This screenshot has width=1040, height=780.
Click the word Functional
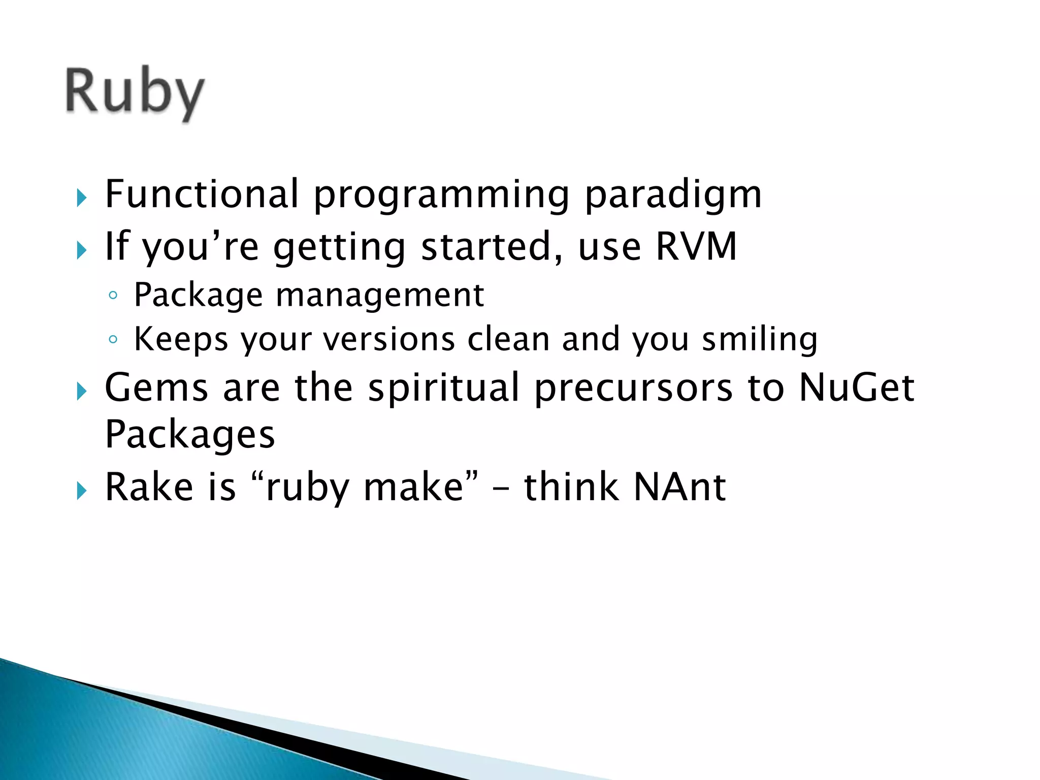point(202,194)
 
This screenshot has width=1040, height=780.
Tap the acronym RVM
point(696,246)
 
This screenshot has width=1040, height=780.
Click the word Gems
point(156,387)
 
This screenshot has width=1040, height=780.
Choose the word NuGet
point(856,387)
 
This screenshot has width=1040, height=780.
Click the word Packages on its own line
point(189,435)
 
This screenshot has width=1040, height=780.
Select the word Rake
point(149,487)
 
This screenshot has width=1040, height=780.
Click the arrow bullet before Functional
point(82,198)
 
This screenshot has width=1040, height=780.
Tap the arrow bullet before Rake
point(82,491)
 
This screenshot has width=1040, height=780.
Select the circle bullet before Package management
point(113,296)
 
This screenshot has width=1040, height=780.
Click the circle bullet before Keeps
point(113,339)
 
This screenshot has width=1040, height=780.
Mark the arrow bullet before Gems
point(82,391)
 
